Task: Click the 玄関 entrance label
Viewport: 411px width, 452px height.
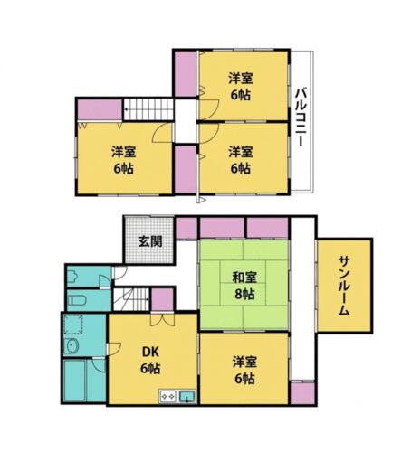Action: (x=150, y=241)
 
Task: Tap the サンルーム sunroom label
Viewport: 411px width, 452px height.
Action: (x=344, y=285)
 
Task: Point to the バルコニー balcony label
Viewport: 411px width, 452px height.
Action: (x=301, y=118)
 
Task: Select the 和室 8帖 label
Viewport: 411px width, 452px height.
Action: (x=244, y=286)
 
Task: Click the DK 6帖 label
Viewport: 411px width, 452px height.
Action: (x=150, y=360)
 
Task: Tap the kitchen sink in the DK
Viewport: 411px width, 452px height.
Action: (x=187, y=396)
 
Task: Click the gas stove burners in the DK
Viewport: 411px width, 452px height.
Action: (x=168, y=396)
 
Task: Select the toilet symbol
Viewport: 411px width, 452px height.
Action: (x=77, y=300)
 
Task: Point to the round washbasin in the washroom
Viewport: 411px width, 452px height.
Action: (x=72, y=345)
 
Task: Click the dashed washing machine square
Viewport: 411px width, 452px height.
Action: (x=73, y=325)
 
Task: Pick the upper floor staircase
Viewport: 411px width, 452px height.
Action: (x=148, y=109)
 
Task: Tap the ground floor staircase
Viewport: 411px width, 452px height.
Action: (x=131, y=299)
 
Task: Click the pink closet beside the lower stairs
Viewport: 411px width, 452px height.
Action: (x=162, y=299)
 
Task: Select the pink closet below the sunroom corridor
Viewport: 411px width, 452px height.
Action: (x=302, y=393)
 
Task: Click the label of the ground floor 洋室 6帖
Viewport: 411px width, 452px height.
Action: (x=244, y=371)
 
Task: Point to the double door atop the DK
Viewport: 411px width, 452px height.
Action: (x=162, y=320)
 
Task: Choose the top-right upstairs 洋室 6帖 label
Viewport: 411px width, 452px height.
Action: (x=240, y=87)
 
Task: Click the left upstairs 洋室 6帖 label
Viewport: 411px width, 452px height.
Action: (x=124, y=160)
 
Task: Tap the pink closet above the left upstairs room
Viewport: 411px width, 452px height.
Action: (x=100, y=109)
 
